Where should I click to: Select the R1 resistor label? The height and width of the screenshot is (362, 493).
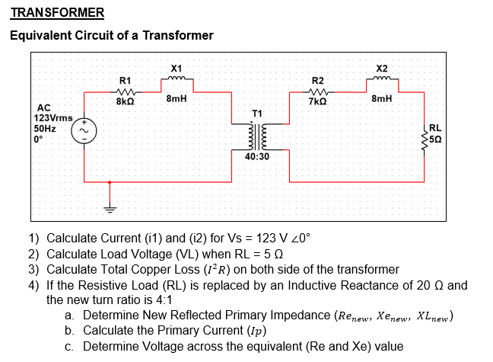(126, 80)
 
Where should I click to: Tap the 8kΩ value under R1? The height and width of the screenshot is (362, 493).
(126, 101)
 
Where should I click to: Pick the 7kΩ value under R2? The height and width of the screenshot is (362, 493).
(318, 101)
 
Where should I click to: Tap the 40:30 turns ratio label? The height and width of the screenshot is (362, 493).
(257, 156)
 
